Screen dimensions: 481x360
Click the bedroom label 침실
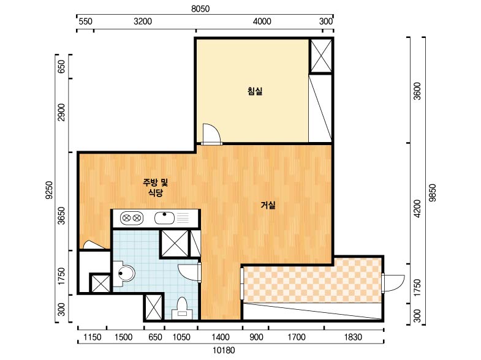[x=255, y=91]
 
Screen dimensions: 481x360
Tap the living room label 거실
[x=268, y=205]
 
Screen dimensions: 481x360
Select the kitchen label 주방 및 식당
[x=156, y=188]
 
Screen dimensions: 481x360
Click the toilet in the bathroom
[x=182, y=307]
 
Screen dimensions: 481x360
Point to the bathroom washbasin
[x=124, y=274]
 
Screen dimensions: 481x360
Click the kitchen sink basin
[x=164, y=218]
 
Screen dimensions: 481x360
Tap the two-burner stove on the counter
[x=132, y=218]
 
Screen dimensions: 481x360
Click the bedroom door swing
[x=211, y=134]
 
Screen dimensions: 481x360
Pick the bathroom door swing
[x=189, y=272]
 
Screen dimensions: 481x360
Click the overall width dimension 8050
[x=200, y=9]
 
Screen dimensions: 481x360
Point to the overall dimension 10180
[x=224, y=350]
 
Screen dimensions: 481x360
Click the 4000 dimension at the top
[x=262, y=21]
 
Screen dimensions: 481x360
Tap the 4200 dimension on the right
[x=417, y=209]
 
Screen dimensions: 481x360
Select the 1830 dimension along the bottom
[x=353, y=337]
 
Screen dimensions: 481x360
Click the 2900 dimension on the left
[x=62, y=112]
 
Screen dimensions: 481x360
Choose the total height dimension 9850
[x=432, y=193]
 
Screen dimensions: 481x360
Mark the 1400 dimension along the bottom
[x=220, y=337]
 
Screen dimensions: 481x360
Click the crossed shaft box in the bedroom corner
[x=321, y=56]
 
